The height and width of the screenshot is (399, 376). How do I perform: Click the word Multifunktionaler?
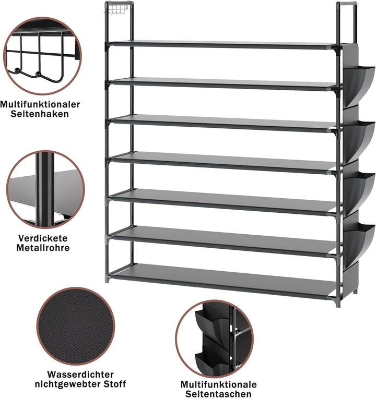40,104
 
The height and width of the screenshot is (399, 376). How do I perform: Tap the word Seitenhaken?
40,114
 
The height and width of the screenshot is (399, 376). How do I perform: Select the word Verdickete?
43,238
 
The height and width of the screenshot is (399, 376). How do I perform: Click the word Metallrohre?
43,248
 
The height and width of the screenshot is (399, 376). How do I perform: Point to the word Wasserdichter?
80,374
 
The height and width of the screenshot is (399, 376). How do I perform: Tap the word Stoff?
115,384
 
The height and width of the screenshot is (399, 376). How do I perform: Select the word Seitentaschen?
218,394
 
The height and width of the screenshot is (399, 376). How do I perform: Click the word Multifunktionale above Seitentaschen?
219,384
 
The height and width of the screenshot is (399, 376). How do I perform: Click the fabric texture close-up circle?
76,326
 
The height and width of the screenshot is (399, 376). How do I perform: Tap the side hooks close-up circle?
42,56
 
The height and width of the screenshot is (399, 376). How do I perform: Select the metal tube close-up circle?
45,189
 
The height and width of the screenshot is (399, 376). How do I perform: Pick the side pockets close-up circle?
214,339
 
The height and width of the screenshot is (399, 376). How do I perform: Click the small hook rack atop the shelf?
115,10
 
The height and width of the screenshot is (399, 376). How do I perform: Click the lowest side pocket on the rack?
359,244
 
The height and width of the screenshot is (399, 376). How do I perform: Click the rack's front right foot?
338,303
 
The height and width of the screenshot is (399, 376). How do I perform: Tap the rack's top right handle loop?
346,4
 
